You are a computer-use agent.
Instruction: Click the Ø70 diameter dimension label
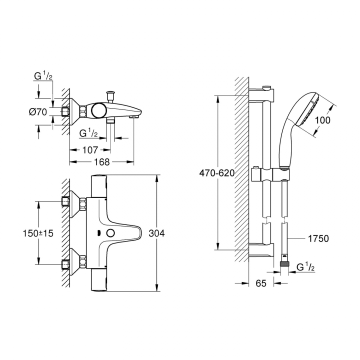pos(38,112)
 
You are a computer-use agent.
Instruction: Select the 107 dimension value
pos(90,150)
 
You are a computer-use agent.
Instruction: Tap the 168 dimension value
pos(102,162)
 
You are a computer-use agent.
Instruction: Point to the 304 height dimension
pos(156,233)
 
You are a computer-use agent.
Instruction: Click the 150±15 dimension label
pos(38,233)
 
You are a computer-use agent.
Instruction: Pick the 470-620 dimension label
pos(216,173)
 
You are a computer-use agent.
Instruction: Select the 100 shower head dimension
pos(322,120)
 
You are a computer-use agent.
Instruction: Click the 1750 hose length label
pos(318,238)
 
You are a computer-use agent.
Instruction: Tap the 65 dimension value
pos(261,283)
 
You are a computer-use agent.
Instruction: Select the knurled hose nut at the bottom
pos(284,264)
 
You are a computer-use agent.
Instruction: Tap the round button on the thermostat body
pos(110,233)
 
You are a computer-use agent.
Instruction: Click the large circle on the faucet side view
pos(98,109)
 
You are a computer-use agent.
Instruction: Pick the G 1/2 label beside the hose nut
pos(305,267)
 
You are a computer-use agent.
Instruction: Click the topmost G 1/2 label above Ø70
pos(43,76)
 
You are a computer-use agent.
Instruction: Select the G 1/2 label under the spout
pos(88,133)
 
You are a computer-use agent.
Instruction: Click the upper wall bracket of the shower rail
pos(261,94)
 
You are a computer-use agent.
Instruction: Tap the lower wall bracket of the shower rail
pos(261,250)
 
